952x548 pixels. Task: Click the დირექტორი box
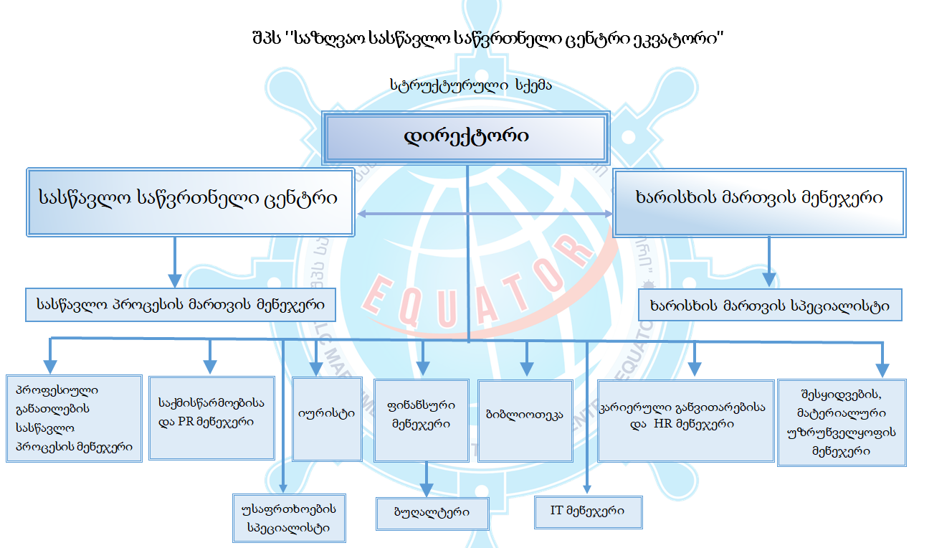point(467,136)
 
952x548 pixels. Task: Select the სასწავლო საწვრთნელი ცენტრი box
point(190,202)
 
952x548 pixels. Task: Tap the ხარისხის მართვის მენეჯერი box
point(760,202)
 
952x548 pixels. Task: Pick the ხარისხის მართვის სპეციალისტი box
point(770,306)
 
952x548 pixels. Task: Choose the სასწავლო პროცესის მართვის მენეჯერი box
point(180,305)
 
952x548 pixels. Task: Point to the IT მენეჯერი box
point(588,512)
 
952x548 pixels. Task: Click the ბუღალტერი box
point(432,514)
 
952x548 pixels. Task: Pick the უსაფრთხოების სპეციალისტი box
point(288,518)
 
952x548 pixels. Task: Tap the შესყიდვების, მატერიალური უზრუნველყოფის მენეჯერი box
point(842,422)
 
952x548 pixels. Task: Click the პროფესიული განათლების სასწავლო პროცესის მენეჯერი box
point(73,418)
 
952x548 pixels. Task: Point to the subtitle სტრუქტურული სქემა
point(470,85)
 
